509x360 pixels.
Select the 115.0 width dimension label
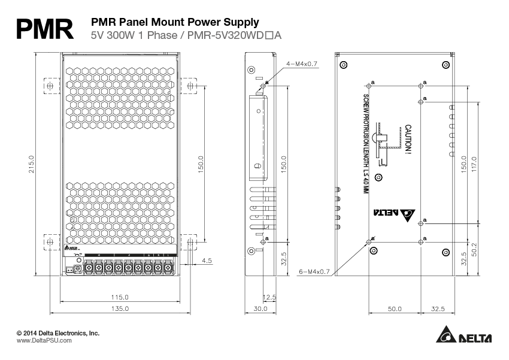click(120, 297)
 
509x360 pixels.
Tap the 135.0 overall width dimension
click(120, 308)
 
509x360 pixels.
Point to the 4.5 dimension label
click(207, 260)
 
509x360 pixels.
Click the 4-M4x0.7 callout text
click(302, 63)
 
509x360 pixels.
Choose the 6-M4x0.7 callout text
click(314, 271)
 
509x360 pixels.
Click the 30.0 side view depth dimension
click(260, 308)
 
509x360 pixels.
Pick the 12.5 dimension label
click(269, 297)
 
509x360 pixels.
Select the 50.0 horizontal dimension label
click(394, 308)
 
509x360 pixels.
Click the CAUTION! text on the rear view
click(407, 140)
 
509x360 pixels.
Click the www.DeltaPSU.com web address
click(44, 340)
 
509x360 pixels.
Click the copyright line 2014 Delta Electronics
click(57, 332)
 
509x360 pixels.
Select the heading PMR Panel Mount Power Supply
click(166, 22)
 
